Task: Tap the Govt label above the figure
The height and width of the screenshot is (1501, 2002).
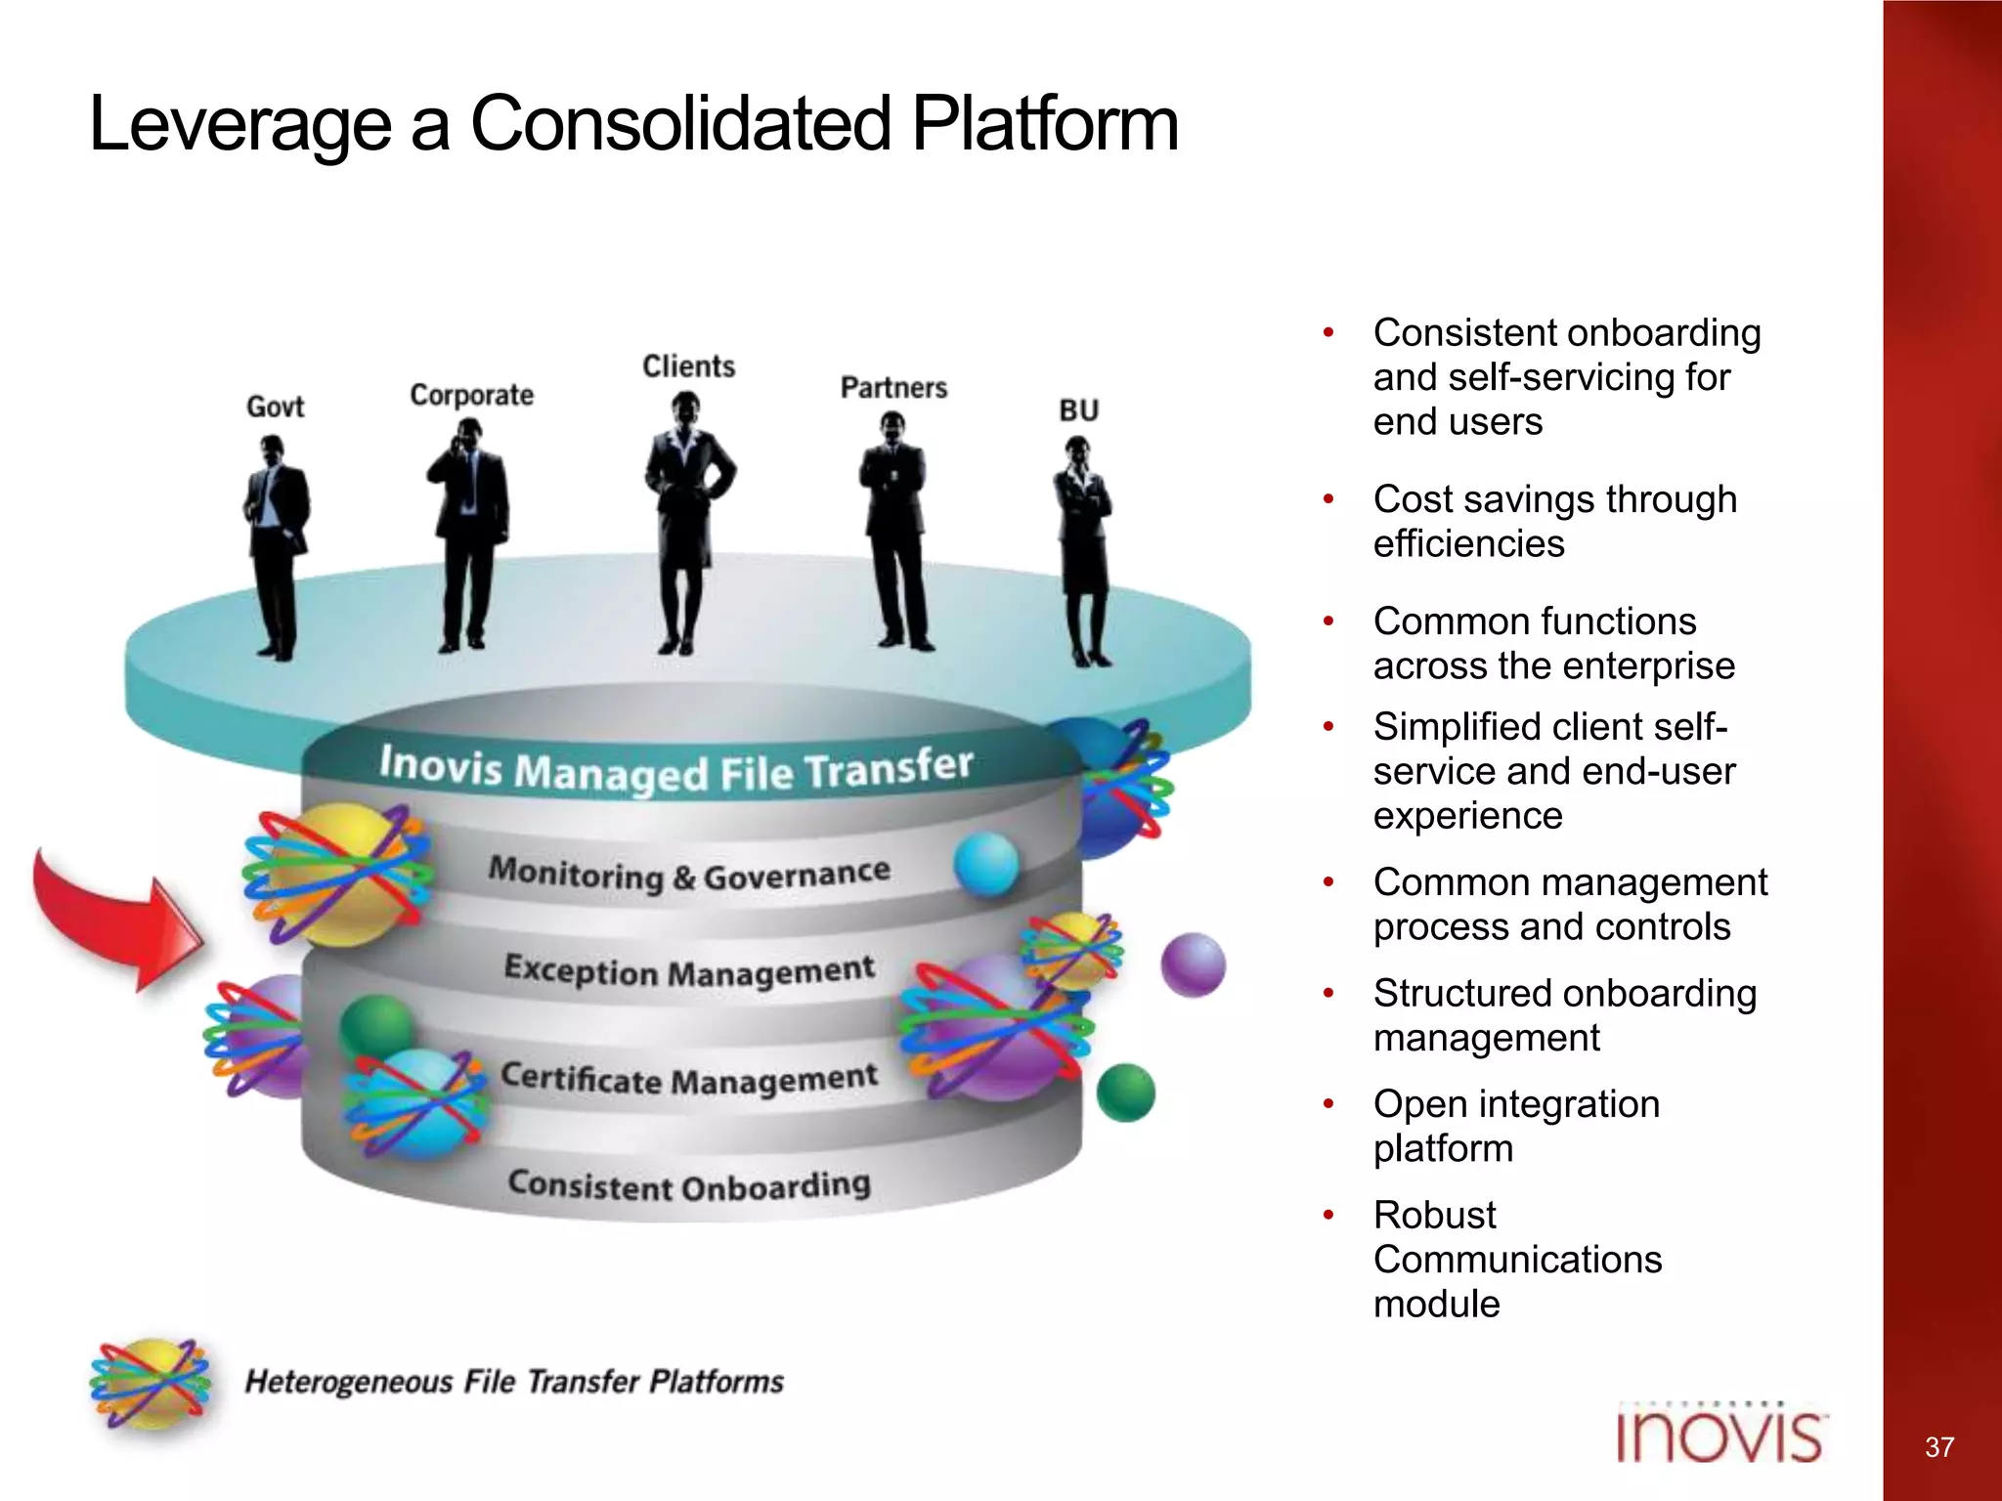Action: pyautogui.click(x=275, y=407)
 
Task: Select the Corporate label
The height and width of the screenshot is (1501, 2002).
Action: pyautogui.click(x=471, y=395)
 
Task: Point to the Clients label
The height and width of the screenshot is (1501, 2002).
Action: pyautogui.click(x=688, y=366)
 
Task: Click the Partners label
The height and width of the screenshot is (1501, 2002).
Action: pyautogui.click(x=893, y=388)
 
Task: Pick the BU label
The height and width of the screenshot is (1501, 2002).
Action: pyautogui.click(x=1078, y=410)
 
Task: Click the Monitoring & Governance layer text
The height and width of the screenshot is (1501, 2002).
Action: pyautogui.click(x=689, y=874)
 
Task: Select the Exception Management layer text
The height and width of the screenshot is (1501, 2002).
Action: pyautogui.click(x=689, y=970)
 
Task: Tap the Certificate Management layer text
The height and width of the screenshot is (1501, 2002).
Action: pyautogui.click(x=689, y=1078)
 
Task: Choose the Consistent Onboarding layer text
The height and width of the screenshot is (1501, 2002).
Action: pyautogui.click(x=689, y=1184)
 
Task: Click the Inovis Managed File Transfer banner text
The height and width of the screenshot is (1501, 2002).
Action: pyautogui.click(x=676, y=769)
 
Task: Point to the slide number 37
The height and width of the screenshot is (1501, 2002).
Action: pyautogui.click(x=1939, y=1447)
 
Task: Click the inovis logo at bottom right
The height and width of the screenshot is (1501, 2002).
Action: pyautogui.click(x=1720, y=1435)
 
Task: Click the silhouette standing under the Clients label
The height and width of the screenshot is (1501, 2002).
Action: pyautogui.click(x=687, y=523)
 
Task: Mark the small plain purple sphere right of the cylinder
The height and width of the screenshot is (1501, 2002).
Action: pyautogui.click(x=1193, y=965)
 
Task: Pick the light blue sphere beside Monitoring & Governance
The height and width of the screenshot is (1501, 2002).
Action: pyautogui.click(x=985, y=865)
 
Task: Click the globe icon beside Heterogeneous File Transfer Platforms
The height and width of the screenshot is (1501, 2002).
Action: pyautogui.click(x=151, y=1383)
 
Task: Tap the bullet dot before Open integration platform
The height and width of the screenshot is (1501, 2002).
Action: pyautogui.click(x=1328, y=1104)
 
